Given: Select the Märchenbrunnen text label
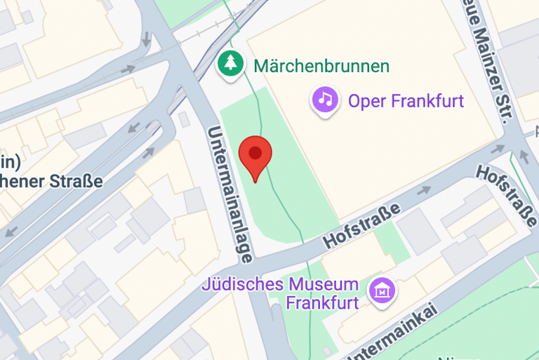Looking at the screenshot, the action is (321, 67).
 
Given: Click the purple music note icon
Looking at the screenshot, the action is (325, 99).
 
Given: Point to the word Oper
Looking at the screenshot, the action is (366, 101).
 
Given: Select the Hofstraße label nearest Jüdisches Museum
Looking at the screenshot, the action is (362, 225).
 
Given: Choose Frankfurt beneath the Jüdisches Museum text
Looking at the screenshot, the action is (322, 303).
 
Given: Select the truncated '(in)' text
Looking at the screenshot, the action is (8, 161).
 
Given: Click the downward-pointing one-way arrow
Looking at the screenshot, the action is (146, 39).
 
